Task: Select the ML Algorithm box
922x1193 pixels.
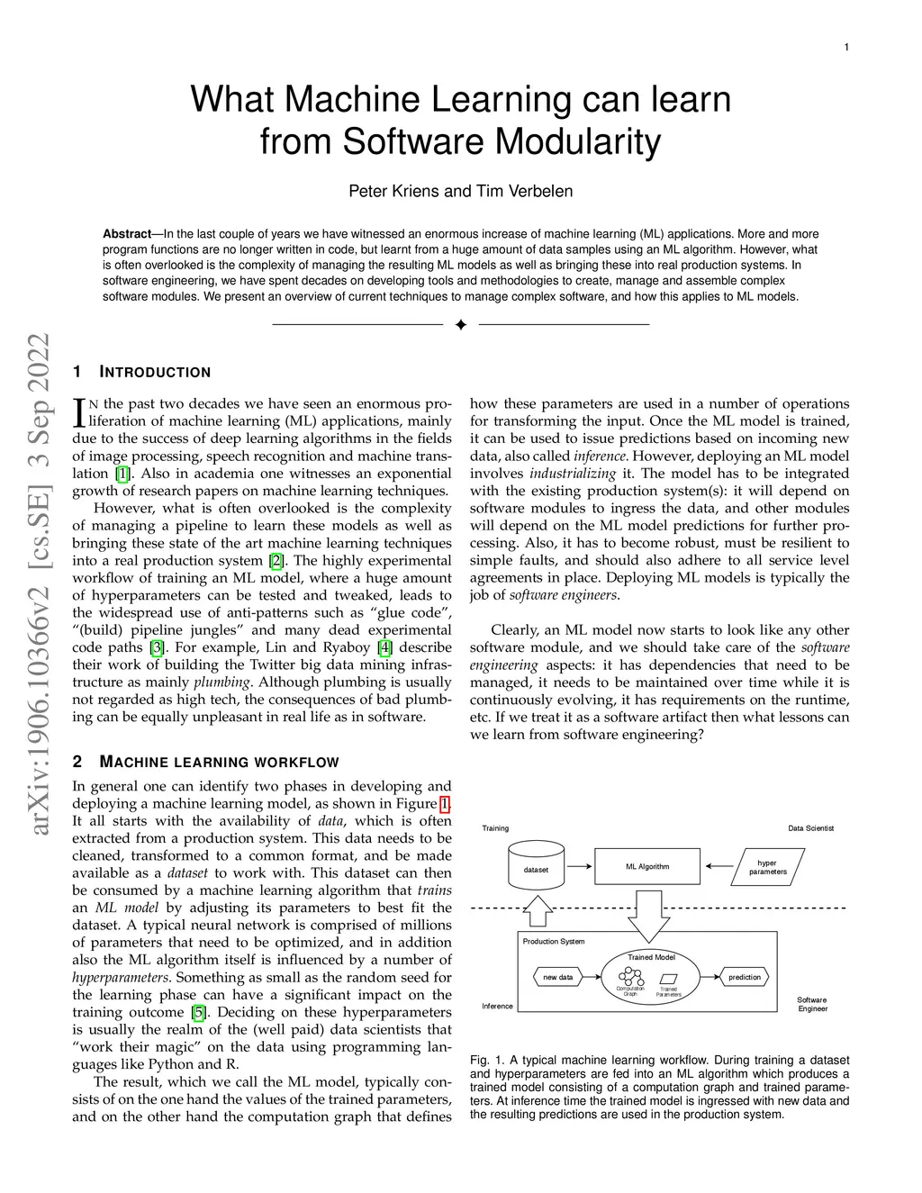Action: [647, 866]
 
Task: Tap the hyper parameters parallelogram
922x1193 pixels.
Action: [768, 867]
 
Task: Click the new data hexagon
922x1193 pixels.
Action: [558, 977]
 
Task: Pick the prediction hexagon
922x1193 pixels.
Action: [745, 977]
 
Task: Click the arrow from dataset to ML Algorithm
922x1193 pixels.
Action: [580, 866]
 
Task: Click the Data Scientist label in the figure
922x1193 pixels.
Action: [811, 828]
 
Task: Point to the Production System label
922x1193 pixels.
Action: [554, 941]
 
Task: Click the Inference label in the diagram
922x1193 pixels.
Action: [498, 1006]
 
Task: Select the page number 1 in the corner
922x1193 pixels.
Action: [846, 48]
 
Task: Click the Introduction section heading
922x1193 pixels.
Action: [154, 373]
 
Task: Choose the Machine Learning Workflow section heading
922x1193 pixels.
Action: [218, 763]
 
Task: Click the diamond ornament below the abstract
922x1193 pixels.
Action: [460, 324]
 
